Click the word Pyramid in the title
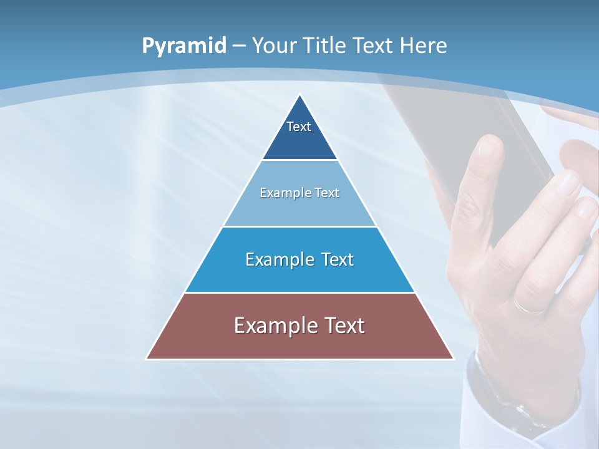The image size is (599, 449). click(x=183, y=46)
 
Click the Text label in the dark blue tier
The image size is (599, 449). click(x=299, y=127)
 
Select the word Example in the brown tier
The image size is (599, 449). click(x=270, y=326)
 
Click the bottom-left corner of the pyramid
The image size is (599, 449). click(x=147, y=359)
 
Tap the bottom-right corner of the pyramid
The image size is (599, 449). click(x=453, y=359)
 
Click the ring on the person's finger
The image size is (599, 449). click(x=529, y=307)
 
